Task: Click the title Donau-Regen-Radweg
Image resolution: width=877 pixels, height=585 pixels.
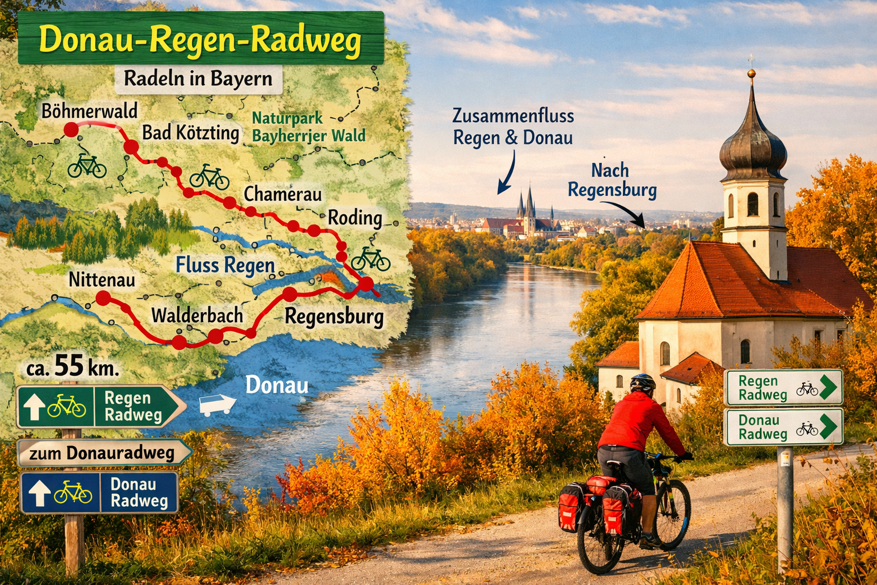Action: [x=200, y=41]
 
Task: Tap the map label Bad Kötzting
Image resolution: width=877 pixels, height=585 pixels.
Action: [x=190, y=133]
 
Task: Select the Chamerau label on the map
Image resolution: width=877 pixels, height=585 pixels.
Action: [x=283, y=194]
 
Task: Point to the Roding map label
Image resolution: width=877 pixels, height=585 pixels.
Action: [x=355, y=218]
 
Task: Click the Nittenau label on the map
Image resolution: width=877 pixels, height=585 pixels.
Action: [x=102, y=279]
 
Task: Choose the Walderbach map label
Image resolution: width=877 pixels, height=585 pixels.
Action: [x=197, y=315]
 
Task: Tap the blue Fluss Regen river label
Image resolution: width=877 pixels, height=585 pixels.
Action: [x=225, y=266]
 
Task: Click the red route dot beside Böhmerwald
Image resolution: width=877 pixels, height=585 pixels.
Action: [x=71, y=130]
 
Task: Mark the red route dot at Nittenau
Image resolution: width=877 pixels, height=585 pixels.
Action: [x=103, y=298]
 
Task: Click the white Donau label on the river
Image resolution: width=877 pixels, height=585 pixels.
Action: [x=277, y=386]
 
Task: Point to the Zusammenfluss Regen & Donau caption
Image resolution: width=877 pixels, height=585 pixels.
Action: [x=513, y=127]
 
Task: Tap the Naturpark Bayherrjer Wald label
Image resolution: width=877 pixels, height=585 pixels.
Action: [x=308, y=127]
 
